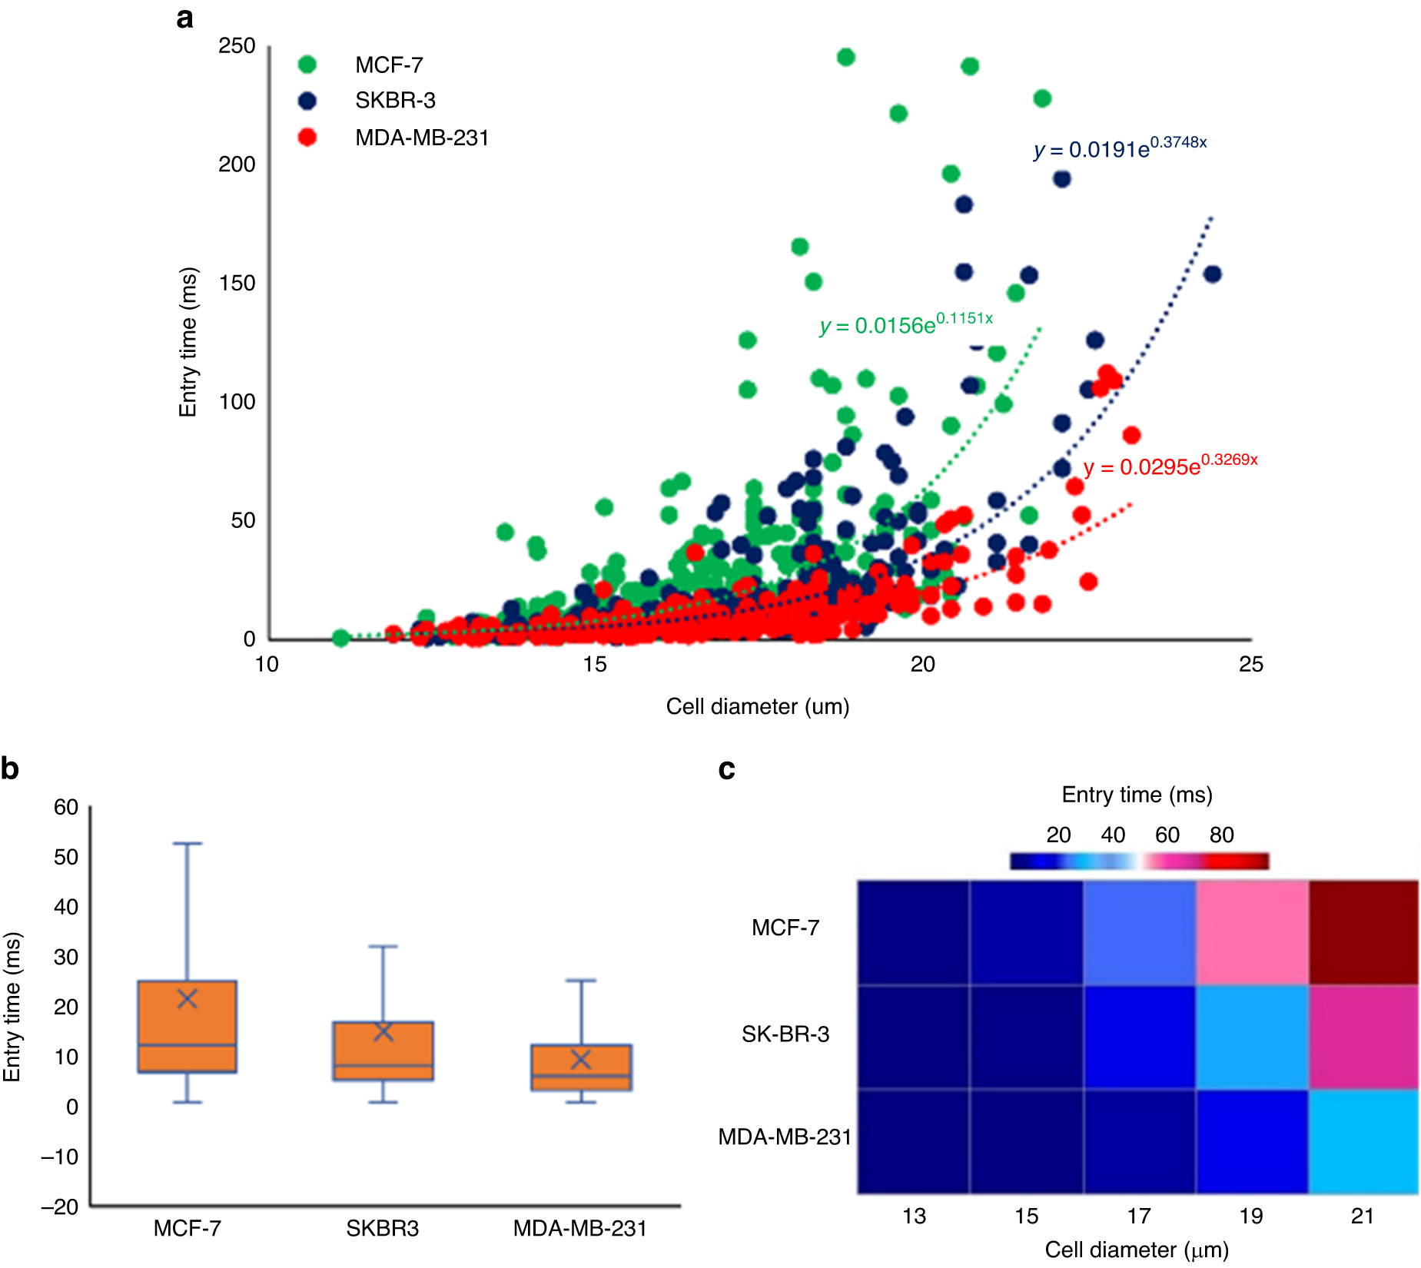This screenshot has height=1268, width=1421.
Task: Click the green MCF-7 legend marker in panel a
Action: click(307, 65)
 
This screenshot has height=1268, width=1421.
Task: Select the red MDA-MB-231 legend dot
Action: click(307, 138)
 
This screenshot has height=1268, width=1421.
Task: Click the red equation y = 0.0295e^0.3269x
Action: click(1170, 465)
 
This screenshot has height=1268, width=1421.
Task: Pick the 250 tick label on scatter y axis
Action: click(237, 46)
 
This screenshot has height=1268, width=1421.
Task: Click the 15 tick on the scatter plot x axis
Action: click(595, 664)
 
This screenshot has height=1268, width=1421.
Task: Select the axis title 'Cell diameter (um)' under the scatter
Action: click(757, 706)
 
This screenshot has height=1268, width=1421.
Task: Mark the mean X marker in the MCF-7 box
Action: click(188, 998)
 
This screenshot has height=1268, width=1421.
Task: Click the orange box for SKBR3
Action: click(383, 1051)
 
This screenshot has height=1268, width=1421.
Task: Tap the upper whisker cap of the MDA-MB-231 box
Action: click(581, 981)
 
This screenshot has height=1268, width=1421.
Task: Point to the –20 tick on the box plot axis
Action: click(60, 1206)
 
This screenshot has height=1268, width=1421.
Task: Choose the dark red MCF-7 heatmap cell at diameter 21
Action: click(1363, 932)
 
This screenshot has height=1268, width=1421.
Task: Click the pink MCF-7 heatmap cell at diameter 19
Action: click(1252, 932)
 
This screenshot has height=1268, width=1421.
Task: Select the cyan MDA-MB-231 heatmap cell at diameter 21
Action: click(1363, 1141)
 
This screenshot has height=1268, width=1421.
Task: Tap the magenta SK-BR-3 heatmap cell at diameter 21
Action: click(1363, 1037)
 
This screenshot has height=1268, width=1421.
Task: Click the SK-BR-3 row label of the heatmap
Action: click(785, 1034)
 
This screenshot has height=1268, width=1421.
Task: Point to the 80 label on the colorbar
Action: click(1221, 835)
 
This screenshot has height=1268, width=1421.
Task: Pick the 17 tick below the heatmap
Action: click(1139, 1216)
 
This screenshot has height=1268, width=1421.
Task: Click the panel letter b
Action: click(10, 768)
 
